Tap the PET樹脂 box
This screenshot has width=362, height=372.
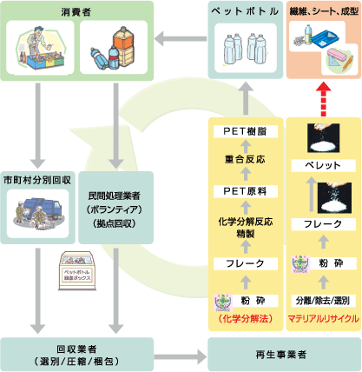click(x=246, y=132)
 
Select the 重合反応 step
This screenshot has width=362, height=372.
click(x=246, y=160)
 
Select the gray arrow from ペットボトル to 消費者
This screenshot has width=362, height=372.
click(x=183, y=37)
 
